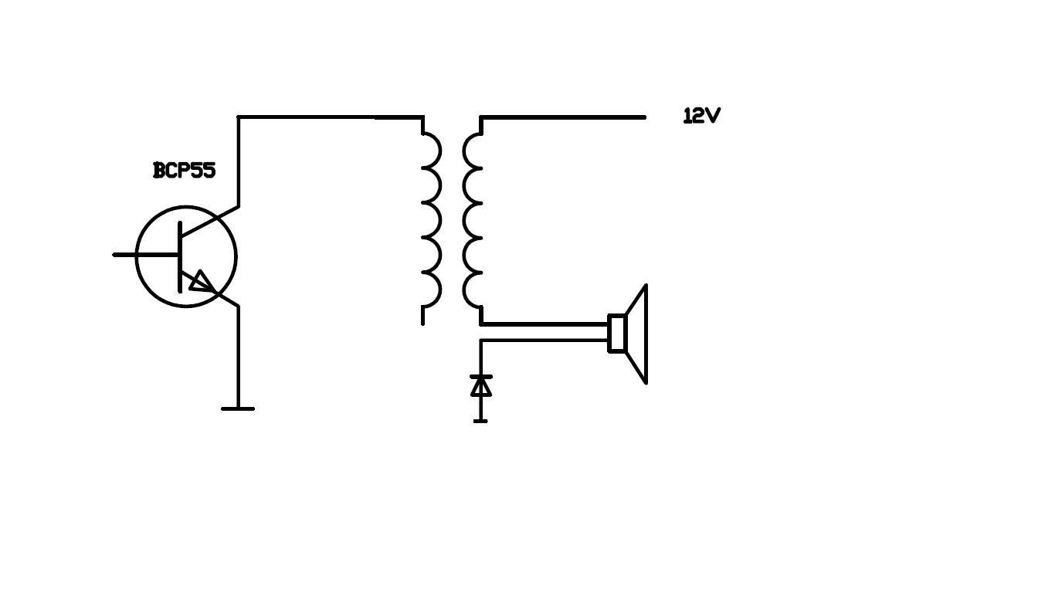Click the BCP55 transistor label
point(185,170)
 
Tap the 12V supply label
point(702,116)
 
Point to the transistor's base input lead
point(146,255)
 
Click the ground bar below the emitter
point(238,408)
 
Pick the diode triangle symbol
point(481,387)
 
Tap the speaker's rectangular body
point(616,333)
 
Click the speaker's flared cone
point(636,334)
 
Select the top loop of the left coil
point(432,151)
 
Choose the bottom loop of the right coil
point(473,290)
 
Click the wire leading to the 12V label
point(563,117)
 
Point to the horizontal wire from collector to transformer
point(331,117)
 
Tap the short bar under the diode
point(480,421)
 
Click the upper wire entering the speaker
point(544,324)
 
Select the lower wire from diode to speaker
point(544,340)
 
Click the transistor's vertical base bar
point(180,257)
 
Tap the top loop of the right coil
point(473,151)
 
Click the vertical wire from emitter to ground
point(239,357)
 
